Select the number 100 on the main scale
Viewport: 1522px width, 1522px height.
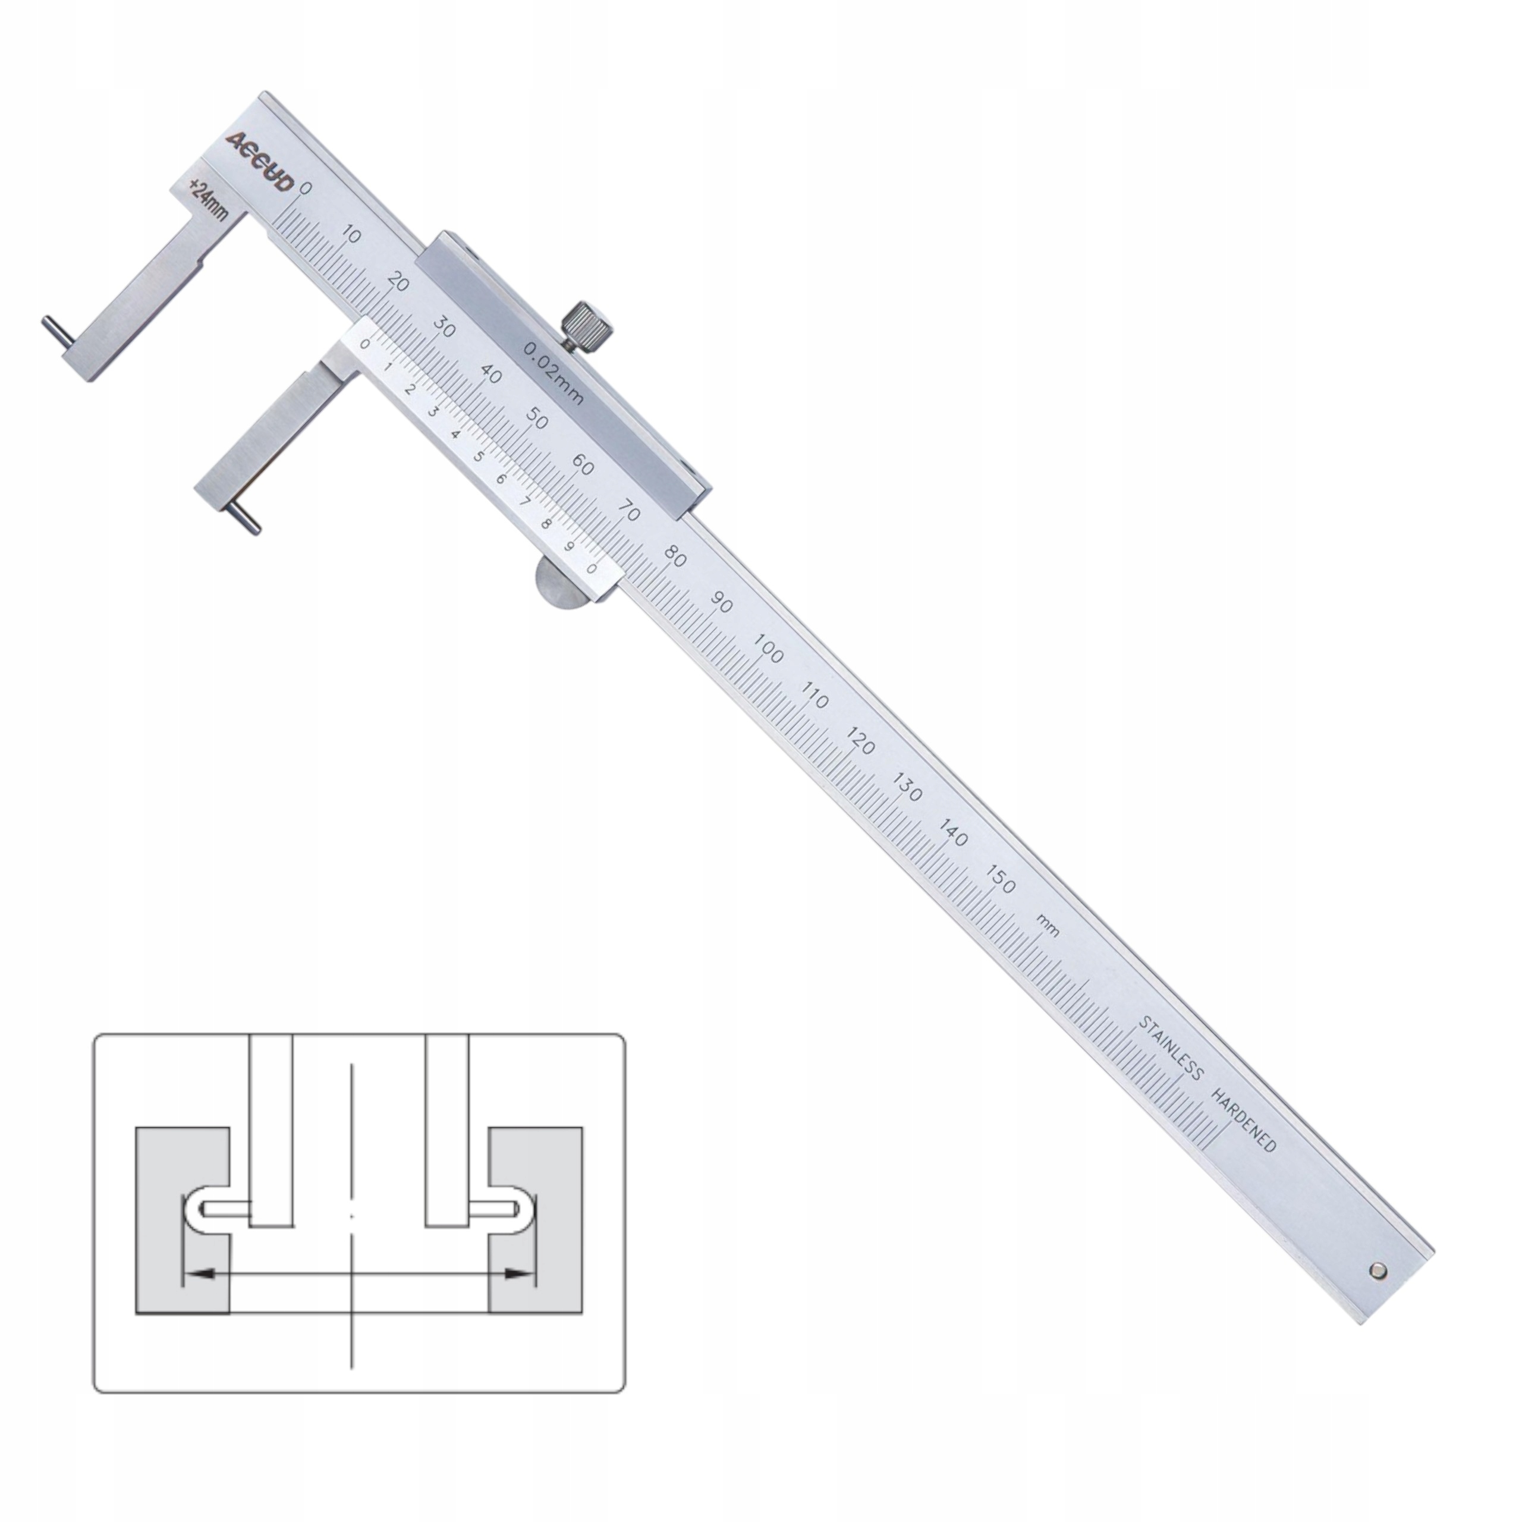point(768,649)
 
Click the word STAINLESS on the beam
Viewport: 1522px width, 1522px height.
point(1171,1049)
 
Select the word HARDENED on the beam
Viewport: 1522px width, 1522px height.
point(1243,1121)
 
